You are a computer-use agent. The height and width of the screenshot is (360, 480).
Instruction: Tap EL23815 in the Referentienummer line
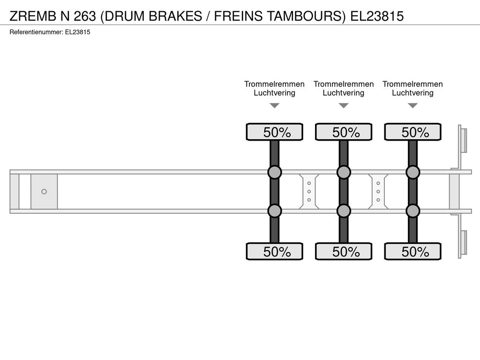[x=77, y=32]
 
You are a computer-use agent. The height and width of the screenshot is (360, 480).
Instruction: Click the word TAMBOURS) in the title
[x=307, y=16]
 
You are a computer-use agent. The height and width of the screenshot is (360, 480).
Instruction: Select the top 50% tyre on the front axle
[x=275, y=132]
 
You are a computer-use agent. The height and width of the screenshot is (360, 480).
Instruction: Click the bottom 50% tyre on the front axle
[x=275, y=251]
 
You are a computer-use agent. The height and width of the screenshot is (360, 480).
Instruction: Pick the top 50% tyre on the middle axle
[x=344, y=132]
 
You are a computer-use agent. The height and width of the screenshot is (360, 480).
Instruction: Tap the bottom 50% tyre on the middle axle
[x=344, y=251]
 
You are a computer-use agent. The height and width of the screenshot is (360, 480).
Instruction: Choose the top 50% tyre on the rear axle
[x=412, y=132]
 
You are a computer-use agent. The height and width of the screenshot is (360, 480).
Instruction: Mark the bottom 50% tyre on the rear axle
[x=412, y=251]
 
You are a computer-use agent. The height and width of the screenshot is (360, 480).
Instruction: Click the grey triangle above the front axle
[x=275, y=105]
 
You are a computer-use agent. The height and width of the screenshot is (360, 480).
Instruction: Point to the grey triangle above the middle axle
[x=344, y=105]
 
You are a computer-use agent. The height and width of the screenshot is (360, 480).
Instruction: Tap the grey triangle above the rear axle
[x=413, y=105]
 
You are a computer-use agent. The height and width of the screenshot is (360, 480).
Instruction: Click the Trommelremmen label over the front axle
[x=275, y=84]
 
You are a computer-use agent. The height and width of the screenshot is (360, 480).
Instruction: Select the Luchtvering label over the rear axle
[x=412, y=93]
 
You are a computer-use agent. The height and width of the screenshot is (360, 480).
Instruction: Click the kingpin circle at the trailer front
[x=44, y=192]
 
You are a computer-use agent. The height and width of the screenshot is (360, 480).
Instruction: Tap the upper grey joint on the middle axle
[x=344, y=172]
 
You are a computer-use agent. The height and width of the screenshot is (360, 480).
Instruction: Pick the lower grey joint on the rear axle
[x=412, y=211]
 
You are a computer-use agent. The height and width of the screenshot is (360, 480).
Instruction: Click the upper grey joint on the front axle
[x=275, y=172]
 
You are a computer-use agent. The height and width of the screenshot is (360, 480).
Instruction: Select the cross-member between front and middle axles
[x=309, y=192]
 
